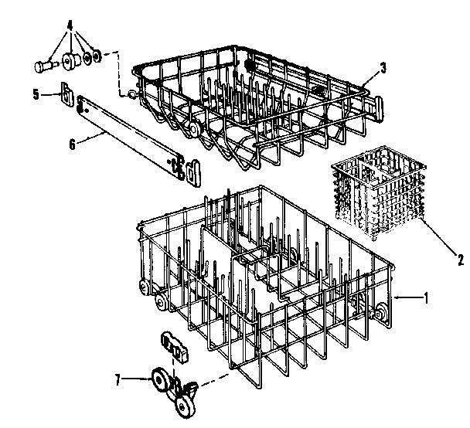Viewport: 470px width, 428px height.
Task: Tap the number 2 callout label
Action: [461, 260]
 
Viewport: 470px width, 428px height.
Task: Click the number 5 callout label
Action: [36, 94]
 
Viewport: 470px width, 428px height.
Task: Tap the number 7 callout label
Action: [118, 379]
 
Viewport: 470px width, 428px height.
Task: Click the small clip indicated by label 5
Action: [67, 97]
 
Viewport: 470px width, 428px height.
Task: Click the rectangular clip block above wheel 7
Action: [175, 346]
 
